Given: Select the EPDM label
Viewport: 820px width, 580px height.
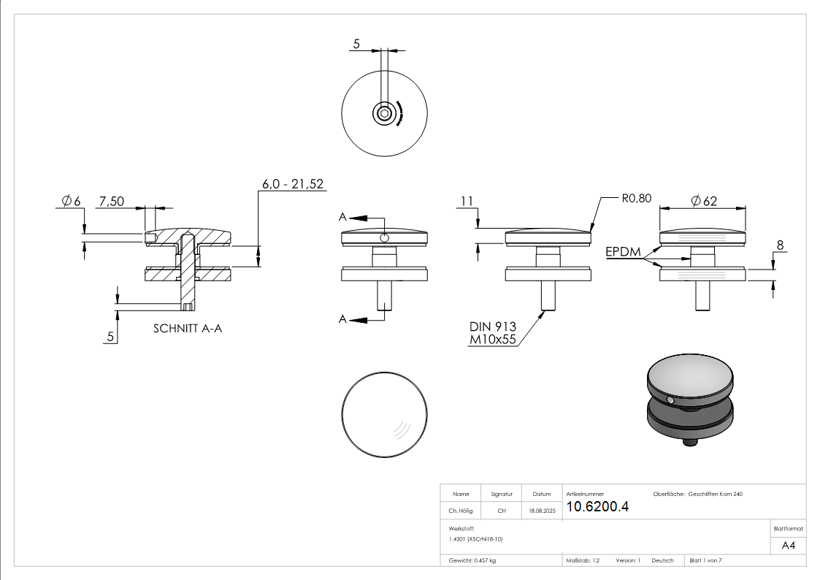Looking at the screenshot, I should pos(623,253).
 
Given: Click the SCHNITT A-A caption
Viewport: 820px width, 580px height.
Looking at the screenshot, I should pos(188,329).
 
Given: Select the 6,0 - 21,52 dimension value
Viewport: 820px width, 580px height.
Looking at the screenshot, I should pos(293,184).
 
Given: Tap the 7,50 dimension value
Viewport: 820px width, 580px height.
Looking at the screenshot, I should pos(112,201).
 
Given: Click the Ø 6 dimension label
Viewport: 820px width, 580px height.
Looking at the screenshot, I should pos(71,201).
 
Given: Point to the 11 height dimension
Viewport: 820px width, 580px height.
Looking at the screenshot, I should pos(468,201).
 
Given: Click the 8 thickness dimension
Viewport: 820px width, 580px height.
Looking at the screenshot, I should pos(780,246).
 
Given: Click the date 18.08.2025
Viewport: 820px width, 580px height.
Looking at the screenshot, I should pos(543,511).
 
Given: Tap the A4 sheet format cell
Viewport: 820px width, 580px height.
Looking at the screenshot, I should pos(789,545).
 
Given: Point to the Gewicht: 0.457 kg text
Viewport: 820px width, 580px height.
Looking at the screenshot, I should pos(473,560).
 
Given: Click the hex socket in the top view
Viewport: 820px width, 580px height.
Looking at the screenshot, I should pos(384,113).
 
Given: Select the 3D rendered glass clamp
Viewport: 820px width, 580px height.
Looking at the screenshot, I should pos(690,401).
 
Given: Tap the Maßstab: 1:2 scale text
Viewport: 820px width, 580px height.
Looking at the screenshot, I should pos(583,560).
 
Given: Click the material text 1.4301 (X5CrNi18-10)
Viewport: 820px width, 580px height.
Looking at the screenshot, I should pos(476,538).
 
